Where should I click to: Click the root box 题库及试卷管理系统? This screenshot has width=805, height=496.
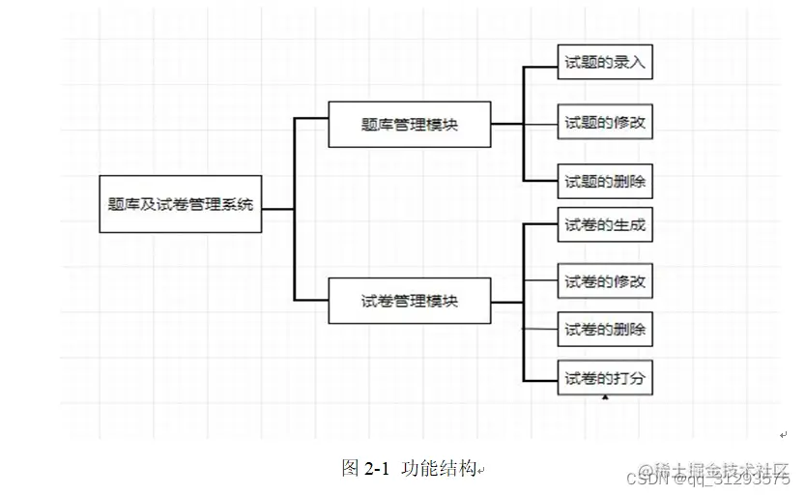click(x=181, y=205)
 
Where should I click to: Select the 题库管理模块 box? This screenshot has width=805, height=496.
click(x=409, y=124)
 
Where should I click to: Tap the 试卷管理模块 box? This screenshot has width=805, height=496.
click(x=409, y=301)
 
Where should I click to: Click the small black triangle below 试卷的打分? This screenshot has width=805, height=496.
click(x=605, y=396)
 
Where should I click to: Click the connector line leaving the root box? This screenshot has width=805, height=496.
click(x=278, y=207)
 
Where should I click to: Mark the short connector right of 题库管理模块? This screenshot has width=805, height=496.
click(x=506, y=124)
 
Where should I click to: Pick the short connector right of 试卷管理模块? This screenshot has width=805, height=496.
click(x=506, y=301)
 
